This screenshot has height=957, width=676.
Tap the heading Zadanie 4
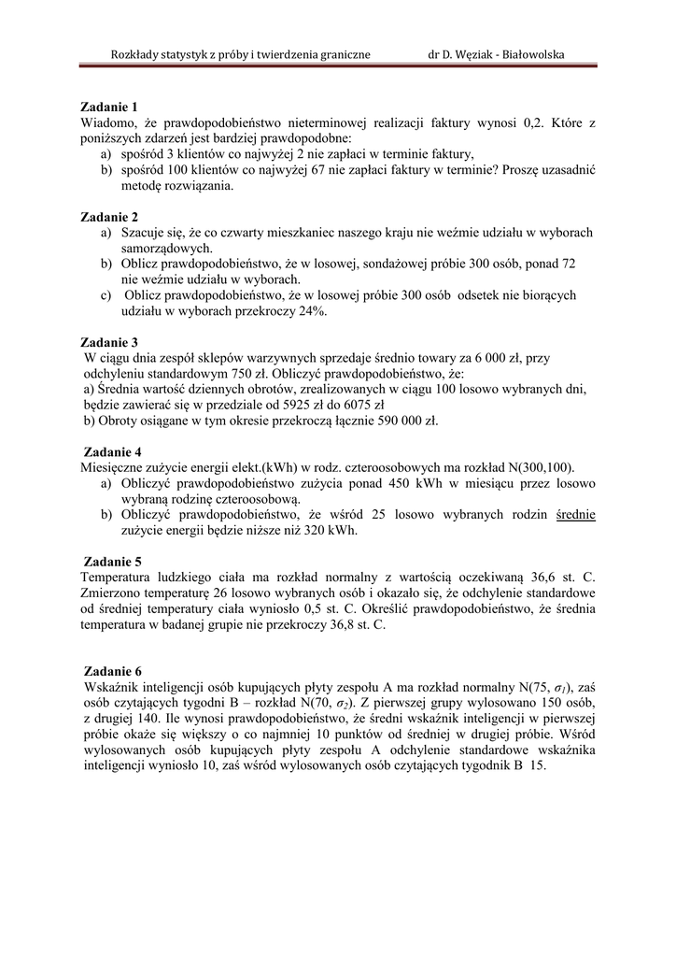tap(111, 451)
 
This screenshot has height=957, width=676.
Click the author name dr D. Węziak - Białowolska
tap(496, 54)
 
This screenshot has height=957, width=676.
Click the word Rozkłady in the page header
tap(137, 54)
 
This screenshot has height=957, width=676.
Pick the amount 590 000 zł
tap(398, 421)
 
